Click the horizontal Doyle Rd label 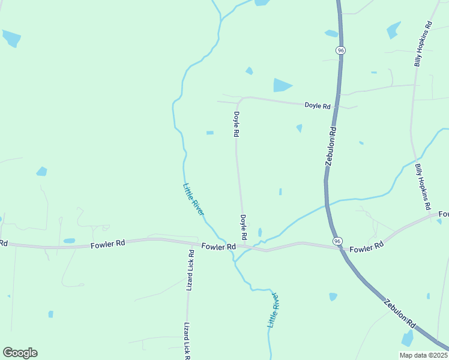tap(318, 106)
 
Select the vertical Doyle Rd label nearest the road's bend tap(237, 125)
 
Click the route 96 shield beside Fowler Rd tap(338, 241)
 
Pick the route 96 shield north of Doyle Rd tap(341, 51)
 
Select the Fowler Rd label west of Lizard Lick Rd tap(108, 244)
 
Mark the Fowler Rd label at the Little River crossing tap(218, 247)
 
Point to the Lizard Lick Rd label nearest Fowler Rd tap(190, 270)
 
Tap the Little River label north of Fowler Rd tap(194, 199)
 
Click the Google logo tap(20, 353)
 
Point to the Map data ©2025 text tap(423, 355)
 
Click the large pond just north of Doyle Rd tap(282, 85)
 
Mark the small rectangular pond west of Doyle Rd tap(209, 133)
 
